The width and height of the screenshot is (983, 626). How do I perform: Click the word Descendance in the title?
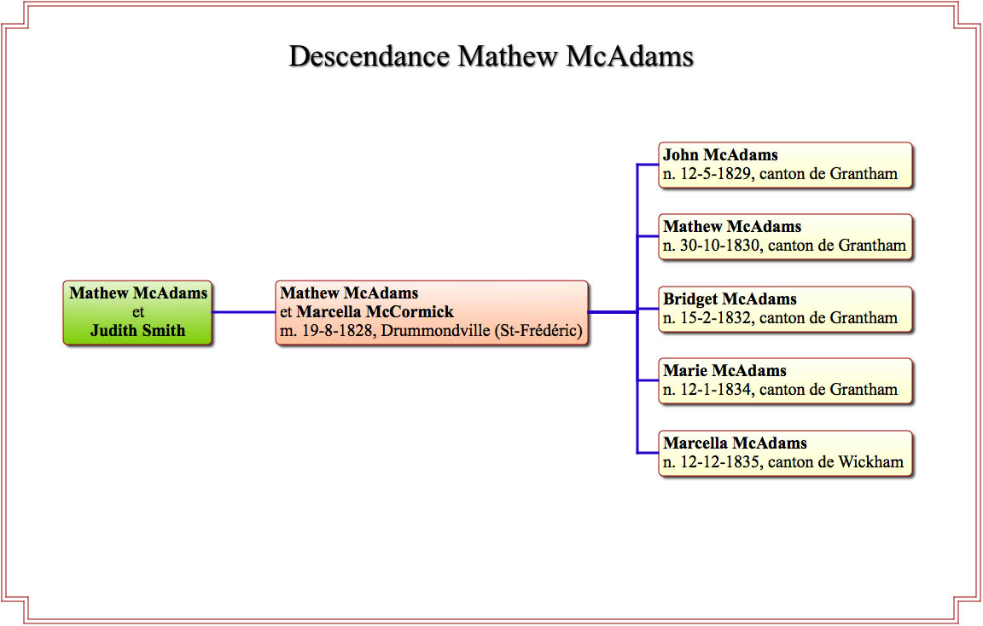tap(369, 56)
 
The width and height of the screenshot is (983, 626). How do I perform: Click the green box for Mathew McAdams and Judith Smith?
tap(138, 312)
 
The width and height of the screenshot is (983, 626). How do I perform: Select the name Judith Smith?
tap(138, 330)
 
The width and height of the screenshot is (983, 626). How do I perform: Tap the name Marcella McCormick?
tap(375, 311)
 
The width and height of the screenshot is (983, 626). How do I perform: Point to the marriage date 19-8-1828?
tap(337, 330)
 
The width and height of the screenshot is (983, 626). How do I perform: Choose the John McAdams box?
tap(786, 165)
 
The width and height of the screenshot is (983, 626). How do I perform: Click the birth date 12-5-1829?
tap(716, 174)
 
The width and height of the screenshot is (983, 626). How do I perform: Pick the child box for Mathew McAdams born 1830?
tap(786, 237)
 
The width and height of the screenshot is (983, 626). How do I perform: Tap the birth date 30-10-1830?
tap(719, 246)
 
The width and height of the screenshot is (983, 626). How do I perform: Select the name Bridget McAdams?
tap(730, 299)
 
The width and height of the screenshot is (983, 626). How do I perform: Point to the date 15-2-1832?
tap(716, 318)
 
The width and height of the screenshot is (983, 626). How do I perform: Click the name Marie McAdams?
tap(724, 370)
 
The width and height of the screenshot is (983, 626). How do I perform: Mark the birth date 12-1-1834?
tap(716, 389)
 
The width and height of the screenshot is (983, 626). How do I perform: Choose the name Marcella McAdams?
tap(735, 443)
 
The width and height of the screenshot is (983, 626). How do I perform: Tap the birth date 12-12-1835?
tap(719, 461)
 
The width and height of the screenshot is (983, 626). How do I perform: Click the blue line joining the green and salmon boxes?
tap(244, 312)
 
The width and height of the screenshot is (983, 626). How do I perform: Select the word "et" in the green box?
tap(138, 312)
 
